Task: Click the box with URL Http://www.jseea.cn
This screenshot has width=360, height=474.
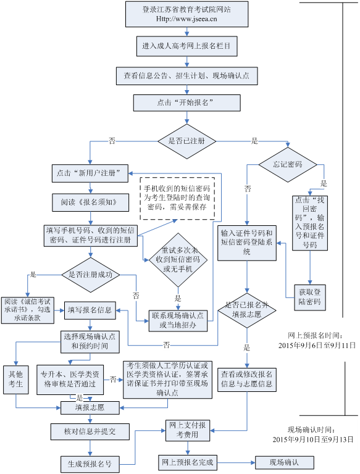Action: pos(187,14)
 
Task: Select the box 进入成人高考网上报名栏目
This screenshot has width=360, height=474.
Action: pos(187,46)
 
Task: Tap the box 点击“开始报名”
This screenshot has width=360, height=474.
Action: pos(187,103)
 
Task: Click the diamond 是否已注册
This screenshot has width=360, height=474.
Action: pos(187,141)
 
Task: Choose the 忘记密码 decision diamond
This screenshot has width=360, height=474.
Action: pos(288,165)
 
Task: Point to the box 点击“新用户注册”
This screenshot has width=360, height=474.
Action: pos(90,173)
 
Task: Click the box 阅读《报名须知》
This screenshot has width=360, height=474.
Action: pos(90,202)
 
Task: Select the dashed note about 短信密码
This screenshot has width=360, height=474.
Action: pos(177,198)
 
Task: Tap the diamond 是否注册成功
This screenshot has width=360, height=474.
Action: pos(90,275)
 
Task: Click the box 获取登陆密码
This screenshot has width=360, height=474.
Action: pos(310,297)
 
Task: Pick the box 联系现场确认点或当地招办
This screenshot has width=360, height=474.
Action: pos(178,321)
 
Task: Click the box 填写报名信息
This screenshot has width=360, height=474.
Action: pos(90,310)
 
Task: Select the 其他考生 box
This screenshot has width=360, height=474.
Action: pos(16,380)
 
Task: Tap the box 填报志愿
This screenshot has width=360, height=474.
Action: pos(90,408)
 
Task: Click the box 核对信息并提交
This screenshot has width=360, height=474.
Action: pos(90,431)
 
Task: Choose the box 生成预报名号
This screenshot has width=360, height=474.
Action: pos(90,464)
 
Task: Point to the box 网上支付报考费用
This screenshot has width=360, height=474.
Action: pos(188,430)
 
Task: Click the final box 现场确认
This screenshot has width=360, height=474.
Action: pos(285,462)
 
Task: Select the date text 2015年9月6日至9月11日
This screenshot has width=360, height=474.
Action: pos(317,346)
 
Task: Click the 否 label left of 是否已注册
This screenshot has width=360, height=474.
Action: pos(112,141)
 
